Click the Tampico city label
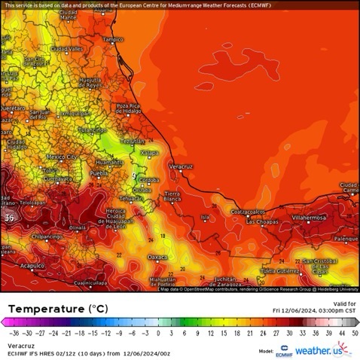coord(112,38)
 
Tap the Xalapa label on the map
coord(151,153)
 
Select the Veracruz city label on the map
coord(182,166)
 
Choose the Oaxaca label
coord(157,257)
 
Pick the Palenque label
coord(346,239)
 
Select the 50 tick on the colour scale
coord(354,331)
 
